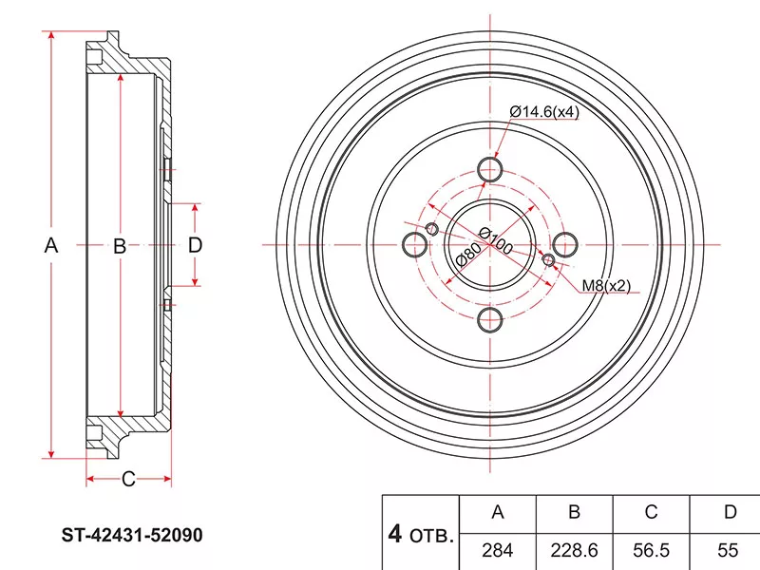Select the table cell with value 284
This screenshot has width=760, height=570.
[x=496, y=550]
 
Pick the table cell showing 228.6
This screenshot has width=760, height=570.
[x=574, y=550]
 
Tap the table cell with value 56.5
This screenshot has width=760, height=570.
[x=651, y=550]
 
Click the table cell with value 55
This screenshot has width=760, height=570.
[x=728, y=550]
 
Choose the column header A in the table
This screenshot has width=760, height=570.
[x=496, y=513]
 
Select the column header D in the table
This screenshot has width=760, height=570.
[x=728, y=513]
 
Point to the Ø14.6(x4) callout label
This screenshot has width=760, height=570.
[x=543, y=111]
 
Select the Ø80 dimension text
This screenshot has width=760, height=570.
[x=466, y=255]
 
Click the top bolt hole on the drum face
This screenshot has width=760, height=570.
[x=490, y=170]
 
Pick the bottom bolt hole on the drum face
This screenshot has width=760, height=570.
[x=490, y=318]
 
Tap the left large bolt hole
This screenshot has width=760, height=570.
[x=416, y=244]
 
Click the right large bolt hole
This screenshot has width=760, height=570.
[x=564, y=244]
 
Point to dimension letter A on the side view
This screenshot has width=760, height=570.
[x=52, y=245]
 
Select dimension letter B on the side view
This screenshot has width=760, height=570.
[x=120, y=247]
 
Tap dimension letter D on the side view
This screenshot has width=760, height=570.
[x=195, y=245]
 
